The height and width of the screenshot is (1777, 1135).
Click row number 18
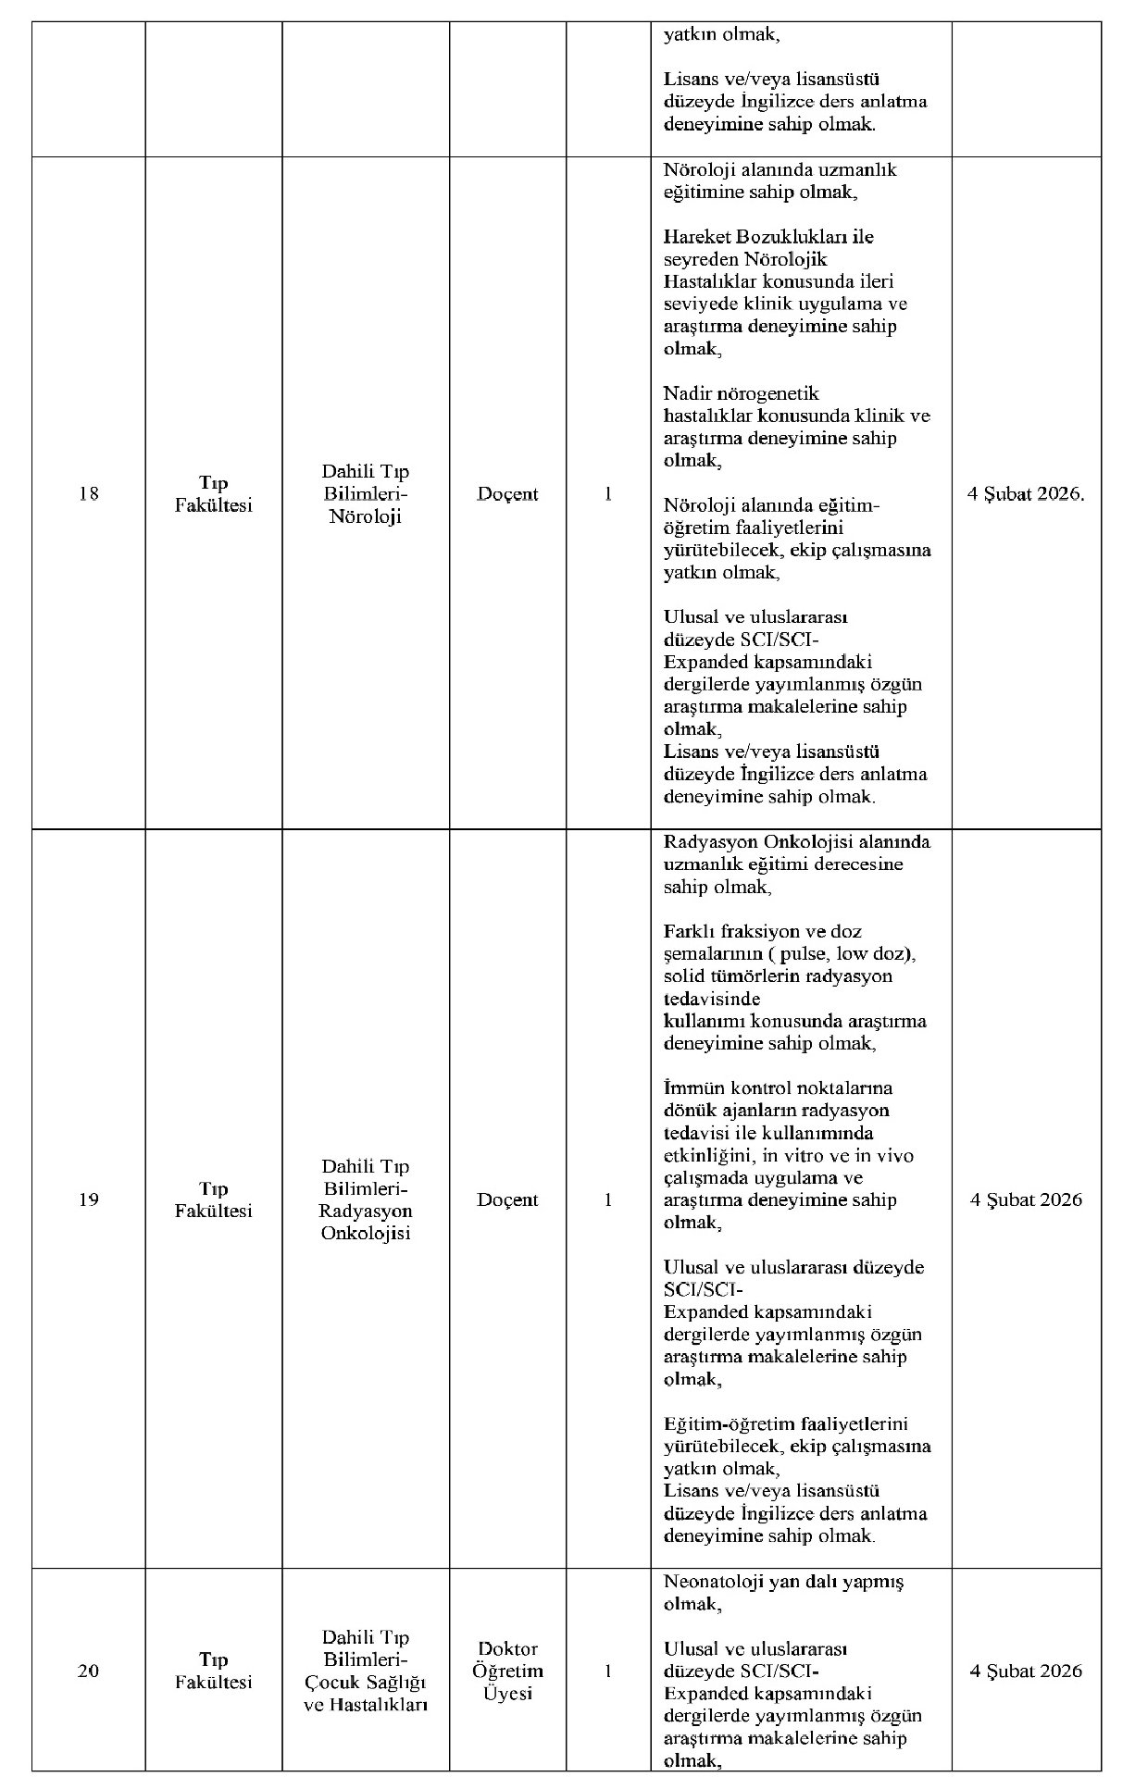(89, 494)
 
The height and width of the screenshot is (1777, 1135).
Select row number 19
(89, 1200)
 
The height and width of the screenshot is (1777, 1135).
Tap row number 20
(89, 1671)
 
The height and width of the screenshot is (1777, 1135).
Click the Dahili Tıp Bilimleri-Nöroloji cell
(366, 494)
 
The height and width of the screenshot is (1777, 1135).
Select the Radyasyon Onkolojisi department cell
(366, 1200)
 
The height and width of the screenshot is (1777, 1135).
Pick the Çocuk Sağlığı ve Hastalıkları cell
(366, 1671)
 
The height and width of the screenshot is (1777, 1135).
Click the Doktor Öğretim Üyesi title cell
(507, 1671)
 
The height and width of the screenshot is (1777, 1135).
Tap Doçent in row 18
(507, 494)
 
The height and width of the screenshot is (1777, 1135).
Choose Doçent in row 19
(507, 1200)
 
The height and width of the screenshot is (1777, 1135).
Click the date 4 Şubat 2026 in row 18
(1026, 494)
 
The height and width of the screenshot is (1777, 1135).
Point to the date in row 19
(1026, 1200)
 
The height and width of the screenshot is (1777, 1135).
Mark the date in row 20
(1026, 1671)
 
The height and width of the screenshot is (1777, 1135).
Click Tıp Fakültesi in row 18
(214, 494)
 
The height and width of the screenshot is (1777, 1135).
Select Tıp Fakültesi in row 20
(214, 1671)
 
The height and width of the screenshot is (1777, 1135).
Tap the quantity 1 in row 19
(608, 1200)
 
